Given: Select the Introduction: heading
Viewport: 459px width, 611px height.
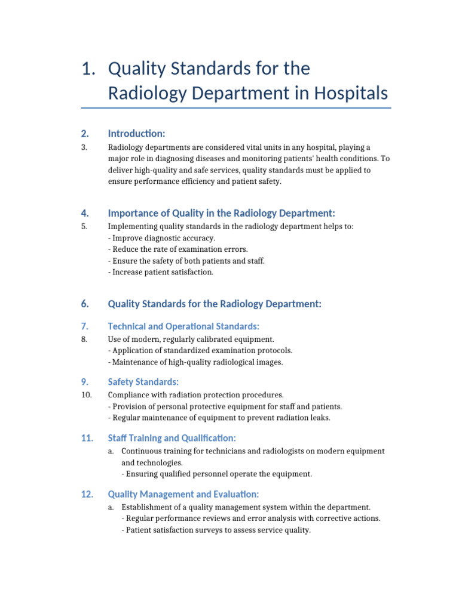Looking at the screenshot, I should click(x=136, y=133).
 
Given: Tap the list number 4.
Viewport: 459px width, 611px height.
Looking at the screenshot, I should click(x=85, y=213).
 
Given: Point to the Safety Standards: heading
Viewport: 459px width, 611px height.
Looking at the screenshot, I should click(x=143, y=382).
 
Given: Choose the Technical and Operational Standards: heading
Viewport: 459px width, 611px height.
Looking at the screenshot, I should click(x=183, y=326).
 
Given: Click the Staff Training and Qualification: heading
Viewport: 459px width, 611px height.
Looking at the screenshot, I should click(x=172, y=438).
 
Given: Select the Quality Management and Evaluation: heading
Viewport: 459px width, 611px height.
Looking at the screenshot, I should click(x=183, y=494).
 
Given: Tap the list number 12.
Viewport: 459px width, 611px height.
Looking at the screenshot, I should click(x=87, y=494).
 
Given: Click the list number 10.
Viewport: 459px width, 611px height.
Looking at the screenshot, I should click(x=86, y=395).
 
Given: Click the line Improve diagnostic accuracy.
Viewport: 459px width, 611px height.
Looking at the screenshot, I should click(x=157, y=238).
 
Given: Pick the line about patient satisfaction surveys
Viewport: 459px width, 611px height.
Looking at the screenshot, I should click(x=216, y=530).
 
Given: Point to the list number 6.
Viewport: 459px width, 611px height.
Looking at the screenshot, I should click(x=85, y=304).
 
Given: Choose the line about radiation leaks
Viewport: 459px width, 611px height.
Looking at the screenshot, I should click(x=219, y=418).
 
